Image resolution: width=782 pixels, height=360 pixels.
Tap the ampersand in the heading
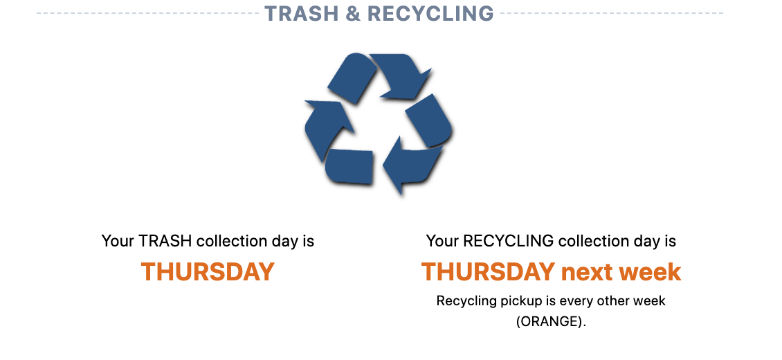(353, 13)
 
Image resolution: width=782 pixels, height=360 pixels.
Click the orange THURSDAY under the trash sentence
(208, 272)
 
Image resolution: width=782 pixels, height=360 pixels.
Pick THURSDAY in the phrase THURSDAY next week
(489, 272)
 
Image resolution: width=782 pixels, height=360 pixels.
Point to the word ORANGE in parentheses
(550, 322)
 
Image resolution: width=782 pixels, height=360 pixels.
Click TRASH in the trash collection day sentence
(165, 241)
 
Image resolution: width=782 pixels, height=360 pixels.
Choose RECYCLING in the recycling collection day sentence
(509, 241)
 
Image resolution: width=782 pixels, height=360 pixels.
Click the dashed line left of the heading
(147, 13)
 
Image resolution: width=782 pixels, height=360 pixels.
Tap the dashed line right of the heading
(612, 13)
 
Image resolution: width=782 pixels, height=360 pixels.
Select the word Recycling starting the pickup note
(467, 302)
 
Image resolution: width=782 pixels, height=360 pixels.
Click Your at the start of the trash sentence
(118, 241)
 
